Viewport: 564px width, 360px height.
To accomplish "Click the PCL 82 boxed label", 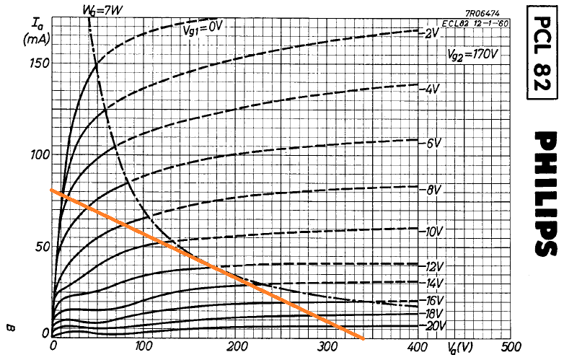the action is pos(542,53).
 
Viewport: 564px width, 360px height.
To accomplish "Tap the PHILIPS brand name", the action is pos(547,194).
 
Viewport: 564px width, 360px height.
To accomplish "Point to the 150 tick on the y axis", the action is pos(39,63).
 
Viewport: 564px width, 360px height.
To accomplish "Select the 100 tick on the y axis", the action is pos(39,155).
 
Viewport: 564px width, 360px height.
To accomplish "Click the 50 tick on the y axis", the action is pos(42,247).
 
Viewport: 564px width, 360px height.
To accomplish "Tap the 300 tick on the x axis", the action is pos(329,347).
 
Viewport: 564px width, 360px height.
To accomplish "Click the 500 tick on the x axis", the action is pos(511,347).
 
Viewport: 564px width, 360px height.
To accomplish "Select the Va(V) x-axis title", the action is pos(461,347).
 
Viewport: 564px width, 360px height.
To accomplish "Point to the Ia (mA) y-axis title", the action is pos(36,32).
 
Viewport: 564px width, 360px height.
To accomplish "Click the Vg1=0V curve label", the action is pos(203,29).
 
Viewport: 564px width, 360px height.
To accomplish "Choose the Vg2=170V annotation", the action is pos(472,54).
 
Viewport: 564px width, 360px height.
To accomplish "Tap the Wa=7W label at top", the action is pos(102,10).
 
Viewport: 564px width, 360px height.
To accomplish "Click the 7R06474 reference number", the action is pos(482,14).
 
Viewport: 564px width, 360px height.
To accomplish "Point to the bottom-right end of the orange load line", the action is pos(364,339).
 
